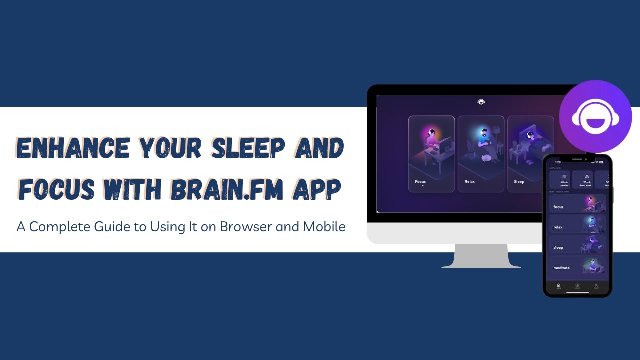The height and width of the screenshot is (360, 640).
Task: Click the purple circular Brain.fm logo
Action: (x=595, y=116)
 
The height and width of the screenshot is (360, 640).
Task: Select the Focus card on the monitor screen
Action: (x=431, y=154)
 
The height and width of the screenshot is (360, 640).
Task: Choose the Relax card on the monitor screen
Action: (x=481, y=154)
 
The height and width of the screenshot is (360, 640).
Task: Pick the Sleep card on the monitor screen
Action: (x=525, y=154)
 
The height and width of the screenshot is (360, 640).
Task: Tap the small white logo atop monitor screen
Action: (x=481, y=102)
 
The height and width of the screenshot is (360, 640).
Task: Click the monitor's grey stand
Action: (x=481, y=257)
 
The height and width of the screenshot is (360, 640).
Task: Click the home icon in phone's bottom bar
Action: (x=559, y=286)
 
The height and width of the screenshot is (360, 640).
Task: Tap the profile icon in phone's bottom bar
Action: (x=596, y=286)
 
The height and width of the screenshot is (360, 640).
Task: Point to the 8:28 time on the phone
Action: (x=557, y=162)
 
